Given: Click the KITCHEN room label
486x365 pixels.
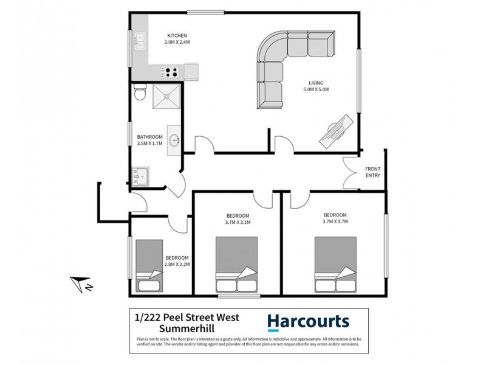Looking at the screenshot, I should pos(177,36).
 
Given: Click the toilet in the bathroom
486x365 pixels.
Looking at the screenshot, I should pos(139,94).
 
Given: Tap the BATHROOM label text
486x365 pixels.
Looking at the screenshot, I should pos(149,137).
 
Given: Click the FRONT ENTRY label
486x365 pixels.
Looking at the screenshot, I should pos(372,172).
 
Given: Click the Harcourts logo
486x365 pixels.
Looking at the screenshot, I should pos(308,322).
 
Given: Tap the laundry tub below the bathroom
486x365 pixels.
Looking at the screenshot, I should pos(140,178).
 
